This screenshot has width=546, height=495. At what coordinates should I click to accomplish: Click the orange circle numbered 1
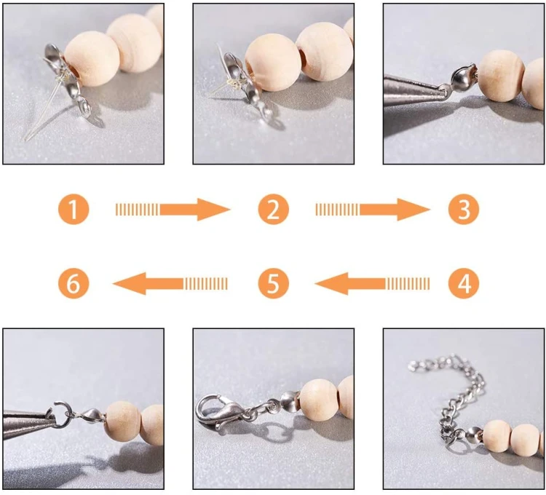74,209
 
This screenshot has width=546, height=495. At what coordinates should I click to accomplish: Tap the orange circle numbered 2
273,209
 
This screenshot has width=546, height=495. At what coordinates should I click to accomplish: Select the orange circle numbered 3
464,209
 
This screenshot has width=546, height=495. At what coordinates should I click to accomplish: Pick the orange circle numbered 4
464,283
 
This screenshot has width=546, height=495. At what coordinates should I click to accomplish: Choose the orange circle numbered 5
273,283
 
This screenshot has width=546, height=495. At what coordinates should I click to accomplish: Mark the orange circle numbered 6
74,283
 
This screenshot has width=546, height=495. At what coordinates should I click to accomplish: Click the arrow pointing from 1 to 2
173,210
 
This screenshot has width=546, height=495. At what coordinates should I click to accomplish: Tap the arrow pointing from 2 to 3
373,210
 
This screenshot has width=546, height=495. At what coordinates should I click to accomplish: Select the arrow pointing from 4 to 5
372,284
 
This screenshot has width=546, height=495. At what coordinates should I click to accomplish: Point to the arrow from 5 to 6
170,284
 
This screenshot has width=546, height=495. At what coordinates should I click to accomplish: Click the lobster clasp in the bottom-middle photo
217,411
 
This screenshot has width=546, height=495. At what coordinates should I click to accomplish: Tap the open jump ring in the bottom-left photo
62,414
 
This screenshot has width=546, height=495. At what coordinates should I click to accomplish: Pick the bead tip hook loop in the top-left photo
84,107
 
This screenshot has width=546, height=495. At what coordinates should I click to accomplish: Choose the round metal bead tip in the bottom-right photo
474,436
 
